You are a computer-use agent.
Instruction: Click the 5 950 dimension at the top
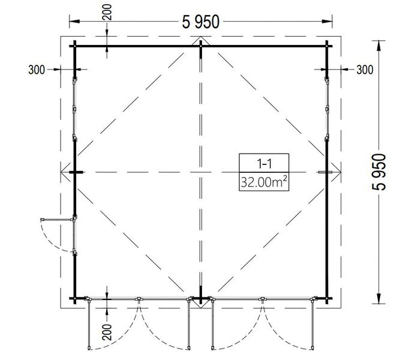[x=200, y=22]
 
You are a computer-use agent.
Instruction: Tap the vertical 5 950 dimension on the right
[x=379, y=172]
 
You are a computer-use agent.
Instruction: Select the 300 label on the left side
[x=37, y=70]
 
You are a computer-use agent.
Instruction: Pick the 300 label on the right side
[x=365, y=70]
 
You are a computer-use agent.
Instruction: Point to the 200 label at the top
[x=107, y=12]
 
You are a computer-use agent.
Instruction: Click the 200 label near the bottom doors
[x=107, y=332]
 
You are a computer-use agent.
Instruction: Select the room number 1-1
[x=264, y=164]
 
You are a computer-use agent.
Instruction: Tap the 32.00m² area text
[x=264, y=181]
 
